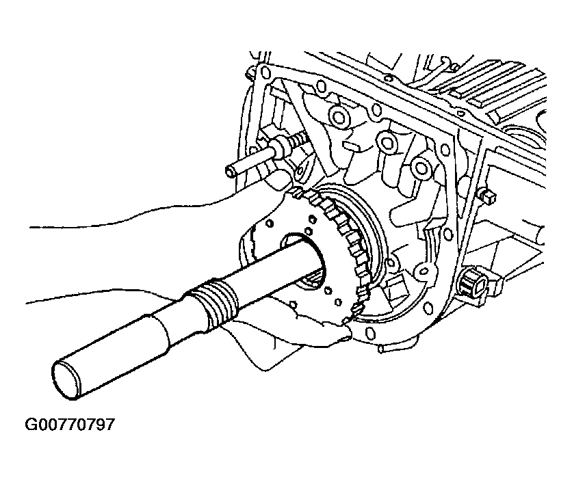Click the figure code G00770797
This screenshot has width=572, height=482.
pos(69,425)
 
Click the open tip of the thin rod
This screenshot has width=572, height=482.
pos(229,171)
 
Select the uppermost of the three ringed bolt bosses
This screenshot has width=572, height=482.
pos(337,117)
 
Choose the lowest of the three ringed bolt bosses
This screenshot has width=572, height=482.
pos(421,168)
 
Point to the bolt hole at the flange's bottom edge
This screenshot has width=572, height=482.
pos(369,332)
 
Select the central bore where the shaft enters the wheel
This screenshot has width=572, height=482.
pos(303,262)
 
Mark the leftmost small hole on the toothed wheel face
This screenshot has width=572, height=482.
pos(270,222)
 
